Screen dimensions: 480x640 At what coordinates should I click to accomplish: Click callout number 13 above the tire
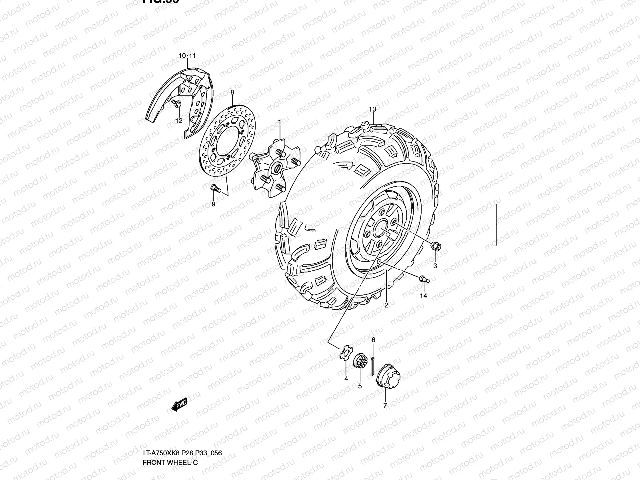pos(372,109)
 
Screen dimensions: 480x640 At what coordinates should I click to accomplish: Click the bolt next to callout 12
pos(177,104)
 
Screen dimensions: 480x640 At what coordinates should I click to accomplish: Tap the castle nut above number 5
pos(360,362)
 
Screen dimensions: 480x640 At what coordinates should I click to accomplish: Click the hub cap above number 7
pos(387,376)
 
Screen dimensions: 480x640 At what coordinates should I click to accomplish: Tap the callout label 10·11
pos(187,56)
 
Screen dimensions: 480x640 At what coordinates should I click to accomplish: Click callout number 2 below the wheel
pos(386,305)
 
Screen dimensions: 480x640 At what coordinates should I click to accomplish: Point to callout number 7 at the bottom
pos(385,406)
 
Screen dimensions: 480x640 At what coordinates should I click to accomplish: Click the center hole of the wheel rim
pos(380,232)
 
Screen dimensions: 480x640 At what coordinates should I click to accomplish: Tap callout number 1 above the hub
pos(280,122)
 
